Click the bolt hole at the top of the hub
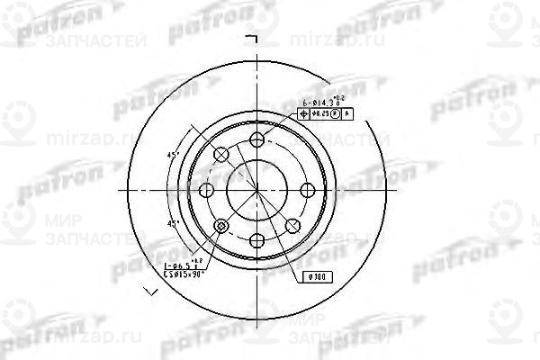[x=257, y=139]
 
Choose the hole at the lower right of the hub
[x=293, y=225]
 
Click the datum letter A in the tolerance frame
[x=346, y=115]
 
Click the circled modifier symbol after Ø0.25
[x=335, y=115]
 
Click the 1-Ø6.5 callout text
[x=180, y=265]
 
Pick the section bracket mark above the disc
[x=253, y=37]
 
